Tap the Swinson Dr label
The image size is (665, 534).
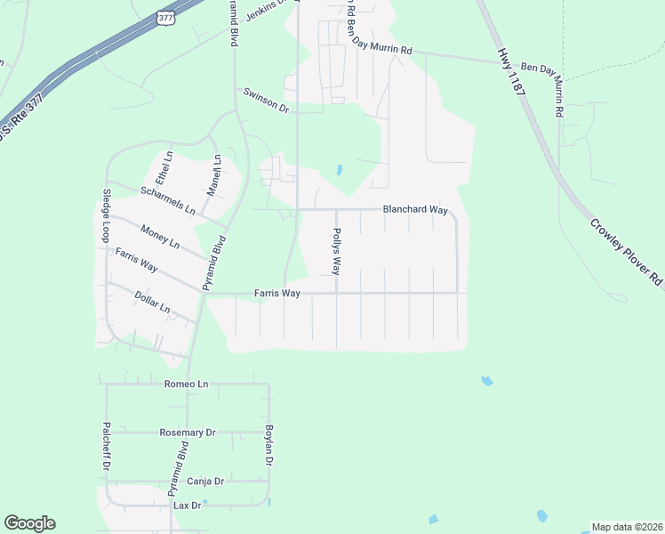267,101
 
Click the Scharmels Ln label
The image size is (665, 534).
168,199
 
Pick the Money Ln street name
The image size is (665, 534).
160,237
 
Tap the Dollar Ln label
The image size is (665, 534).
152,302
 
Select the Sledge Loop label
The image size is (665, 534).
106,215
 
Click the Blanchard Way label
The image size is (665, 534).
414,210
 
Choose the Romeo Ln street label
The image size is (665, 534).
186,384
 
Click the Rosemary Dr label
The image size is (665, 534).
188,433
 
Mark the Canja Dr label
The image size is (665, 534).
205,481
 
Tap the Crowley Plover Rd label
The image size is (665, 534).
626,251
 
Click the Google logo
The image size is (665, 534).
29,523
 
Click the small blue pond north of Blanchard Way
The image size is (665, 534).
340,169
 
